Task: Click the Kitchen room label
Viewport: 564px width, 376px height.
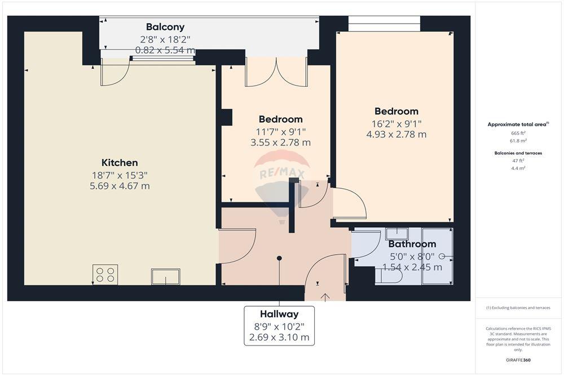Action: [120, 163]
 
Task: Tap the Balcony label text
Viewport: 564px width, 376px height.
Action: [165, 27]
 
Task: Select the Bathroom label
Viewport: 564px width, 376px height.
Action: [412, 244]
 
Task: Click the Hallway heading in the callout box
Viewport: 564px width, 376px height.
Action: [279, 314]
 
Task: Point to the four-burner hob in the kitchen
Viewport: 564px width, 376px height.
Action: [105, 275]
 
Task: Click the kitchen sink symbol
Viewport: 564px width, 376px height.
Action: [165, 276]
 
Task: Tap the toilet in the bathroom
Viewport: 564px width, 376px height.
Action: [389, 276]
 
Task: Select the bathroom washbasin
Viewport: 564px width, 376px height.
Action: [396, 233]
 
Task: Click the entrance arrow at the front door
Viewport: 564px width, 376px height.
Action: [325, 298]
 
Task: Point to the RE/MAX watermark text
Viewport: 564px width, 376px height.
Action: [282, 174]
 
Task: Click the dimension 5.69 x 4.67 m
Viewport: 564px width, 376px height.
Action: [120, 186]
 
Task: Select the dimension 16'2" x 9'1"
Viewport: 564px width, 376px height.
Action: [396, 124]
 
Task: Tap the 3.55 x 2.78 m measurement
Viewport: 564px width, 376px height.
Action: [280, 143]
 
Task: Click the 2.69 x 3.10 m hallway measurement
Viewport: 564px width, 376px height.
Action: [279, 338]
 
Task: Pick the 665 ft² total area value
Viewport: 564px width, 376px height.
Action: [518, 133]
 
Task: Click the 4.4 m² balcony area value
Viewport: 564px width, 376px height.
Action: [518, 168]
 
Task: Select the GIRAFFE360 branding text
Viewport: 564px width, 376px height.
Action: [518, 360]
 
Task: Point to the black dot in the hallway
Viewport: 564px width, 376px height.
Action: [279, 258]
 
